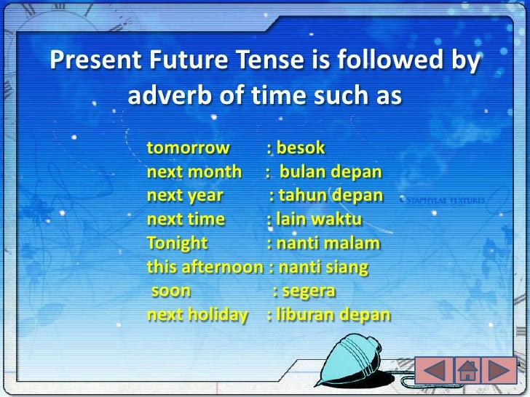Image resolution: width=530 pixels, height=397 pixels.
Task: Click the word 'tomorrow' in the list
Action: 188,149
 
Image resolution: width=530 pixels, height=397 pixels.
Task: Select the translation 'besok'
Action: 299,149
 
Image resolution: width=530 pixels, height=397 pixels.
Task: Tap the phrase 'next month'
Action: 194,172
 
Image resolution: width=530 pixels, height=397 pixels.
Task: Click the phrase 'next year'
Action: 185,196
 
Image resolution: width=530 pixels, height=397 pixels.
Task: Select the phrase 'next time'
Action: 186,220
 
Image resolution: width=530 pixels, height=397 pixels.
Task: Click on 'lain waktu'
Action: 318,220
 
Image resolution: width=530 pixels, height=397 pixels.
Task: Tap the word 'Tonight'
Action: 177,243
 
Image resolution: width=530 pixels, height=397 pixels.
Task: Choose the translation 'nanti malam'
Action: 327,243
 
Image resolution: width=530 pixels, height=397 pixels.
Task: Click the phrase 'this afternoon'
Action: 205,267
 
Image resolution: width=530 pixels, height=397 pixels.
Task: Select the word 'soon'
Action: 171,291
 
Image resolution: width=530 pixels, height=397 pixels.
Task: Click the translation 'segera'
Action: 308,291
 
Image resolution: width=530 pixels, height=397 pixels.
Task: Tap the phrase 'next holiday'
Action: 197,315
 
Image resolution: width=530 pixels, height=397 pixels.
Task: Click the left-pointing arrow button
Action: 434,370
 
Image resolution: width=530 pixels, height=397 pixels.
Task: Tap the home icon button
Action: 467,370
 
